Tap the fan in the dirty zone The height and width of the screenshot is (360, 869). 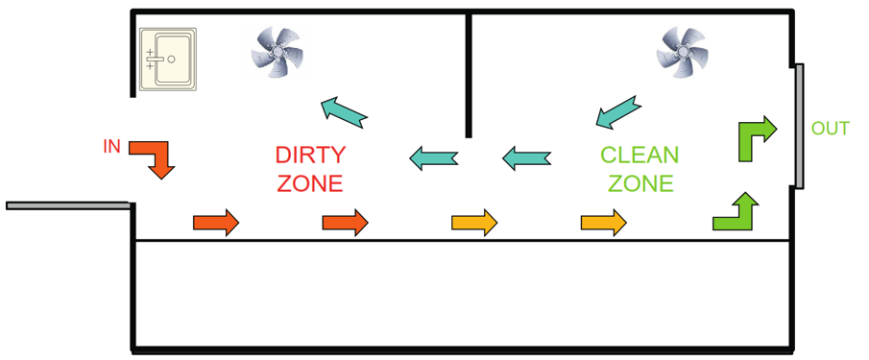tap(277, 50)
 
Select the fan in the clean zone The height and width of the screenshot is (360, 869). tap(681, 50)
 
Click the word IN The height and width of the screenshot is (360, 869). tap(111, 147)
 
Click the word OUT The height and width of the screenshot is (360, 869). tap(830, 129)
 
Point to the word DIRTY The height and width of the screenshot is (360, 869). tap(309, 155)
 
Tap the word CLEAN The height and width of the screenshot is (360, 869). tap(639, 155)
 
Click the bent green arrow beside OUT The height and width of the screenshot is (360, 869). tap(754, 138)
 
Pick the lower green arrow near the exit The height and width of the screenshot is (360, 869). tap(736, 213)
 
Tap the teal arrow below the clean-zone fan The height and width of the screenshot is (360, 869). tap(616, 112)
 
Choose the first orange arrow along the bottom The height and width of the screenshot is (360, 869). tap(216, 223)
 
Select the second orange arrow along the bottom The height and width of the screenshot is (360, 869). tap(345, 223)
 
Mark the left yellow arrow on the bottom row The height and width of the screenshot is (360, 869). tap(474, 223)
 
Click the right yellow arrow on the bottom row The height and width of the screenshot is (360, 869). tap(603, 223)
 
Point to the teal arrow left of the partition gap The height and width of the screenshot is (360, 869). tap(434, 157)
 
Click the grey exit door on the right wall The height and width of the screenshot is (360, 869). tap(799, 126)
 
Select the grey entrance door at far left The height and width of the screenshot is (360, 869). tap(67, 205)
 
